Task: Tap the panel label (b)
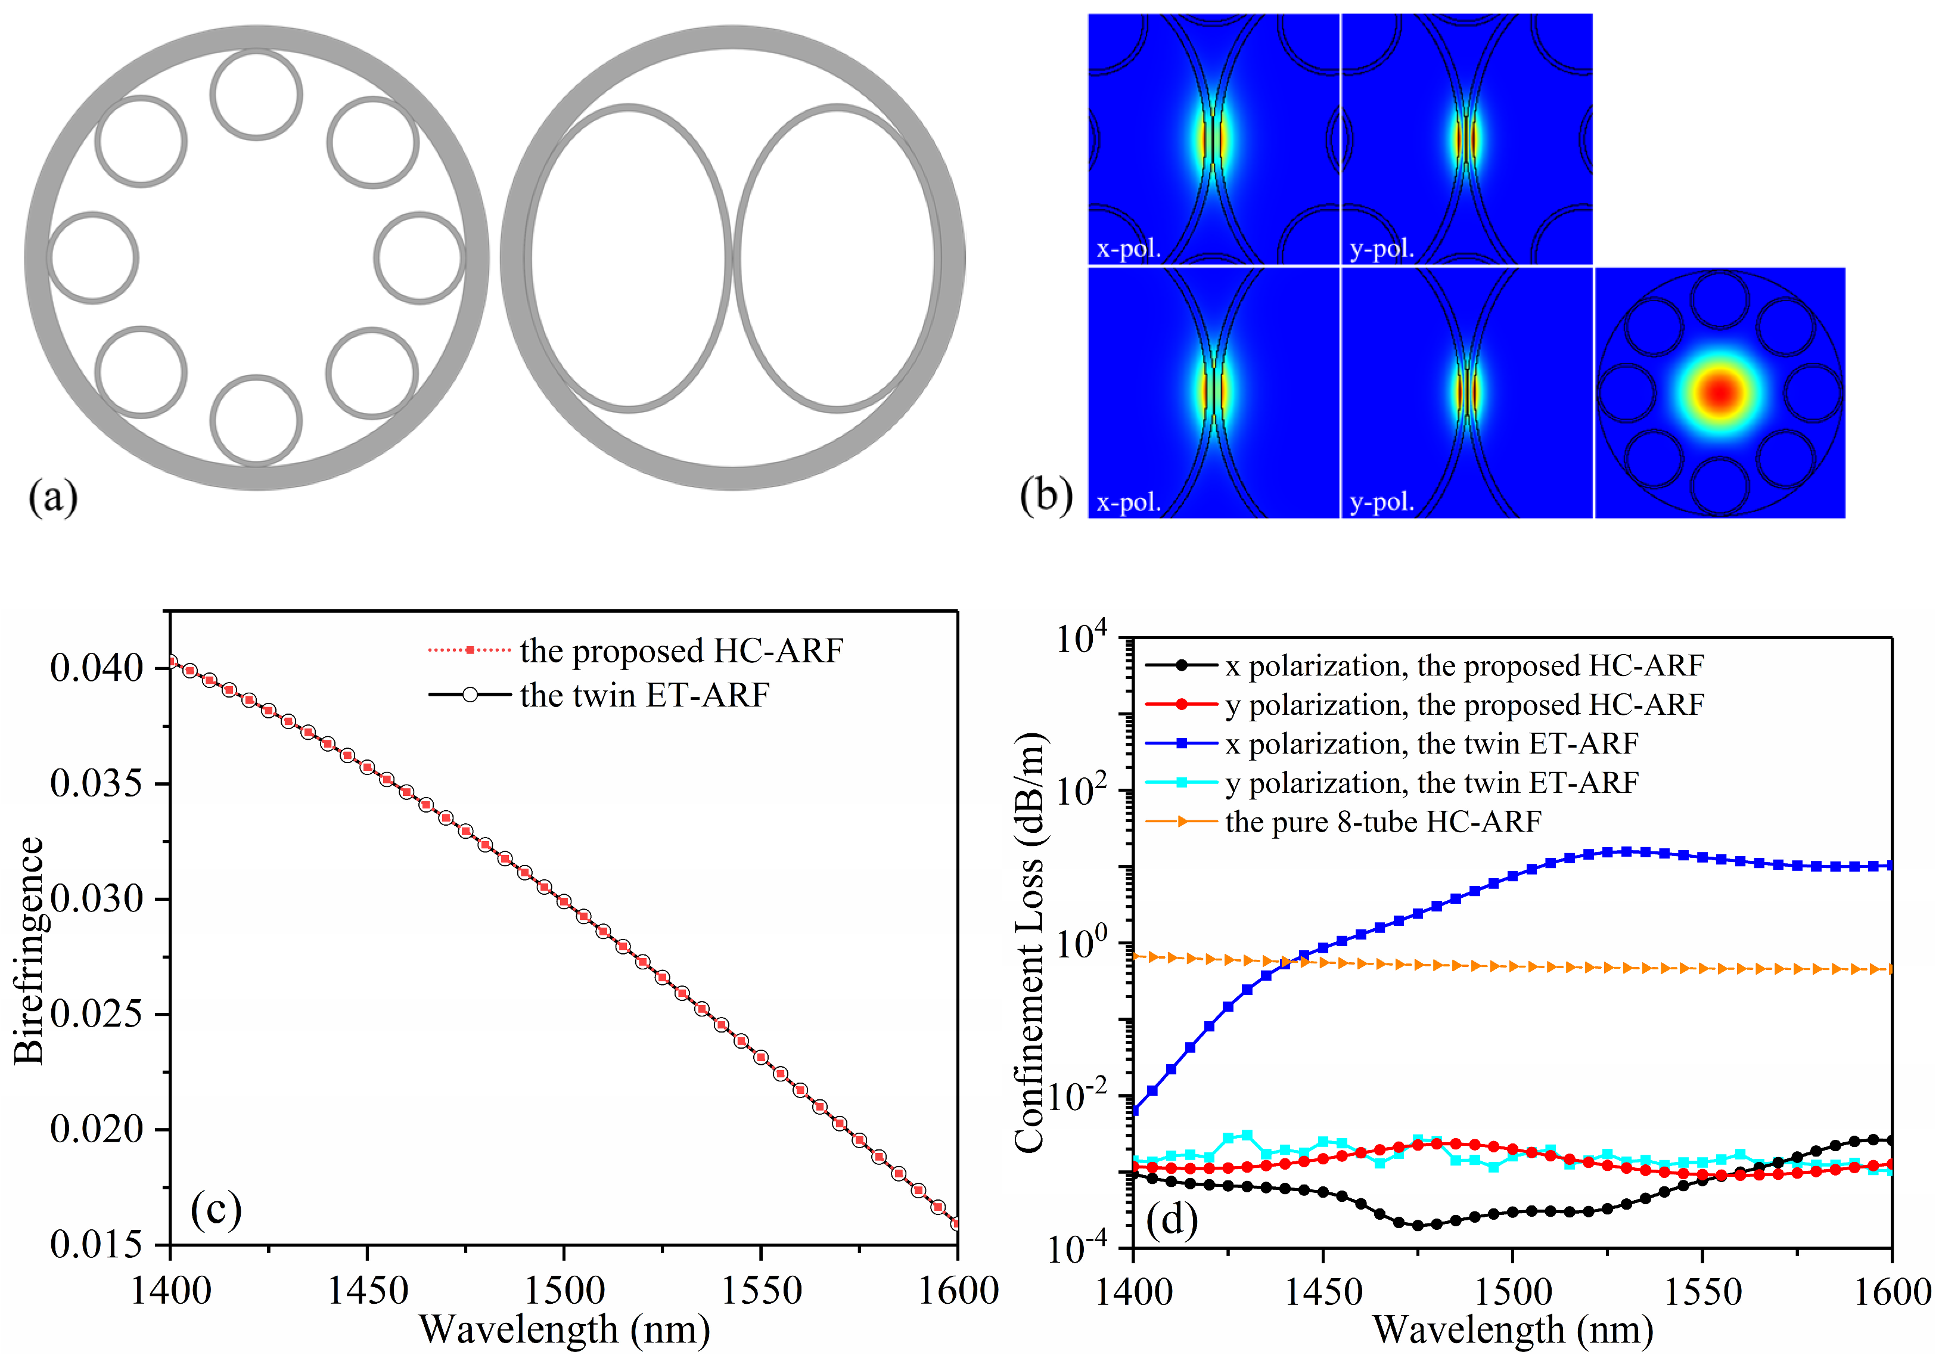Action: tap(1045, 496)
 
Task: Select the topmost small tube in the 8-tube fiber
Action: tap(256, 94)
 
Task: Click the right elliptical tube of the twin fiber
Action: tap(837, 258)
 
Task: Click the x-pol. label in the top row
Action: tap(1129, 249)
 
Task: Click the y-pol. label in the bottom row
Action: tap(1381, 502)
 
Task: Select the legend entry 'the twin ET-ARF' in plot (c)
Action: tap(644, 696)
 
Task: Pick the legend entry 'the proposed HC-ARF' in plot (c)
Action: tap(681, 650)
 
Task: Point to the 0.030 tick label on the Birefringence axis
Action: tap(97, 898)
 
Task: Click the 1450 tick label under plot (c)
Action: tap(367, 1291)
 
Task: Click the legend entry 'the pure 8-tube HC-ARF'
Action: tap(1383, 821)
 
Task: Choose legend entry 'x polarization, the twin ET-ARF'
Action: tap(1431, 744)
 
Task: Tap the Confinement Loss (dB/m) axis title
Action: tap(1029, 943)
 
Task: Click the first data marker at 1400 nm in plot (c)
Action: tap(171, 662)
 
